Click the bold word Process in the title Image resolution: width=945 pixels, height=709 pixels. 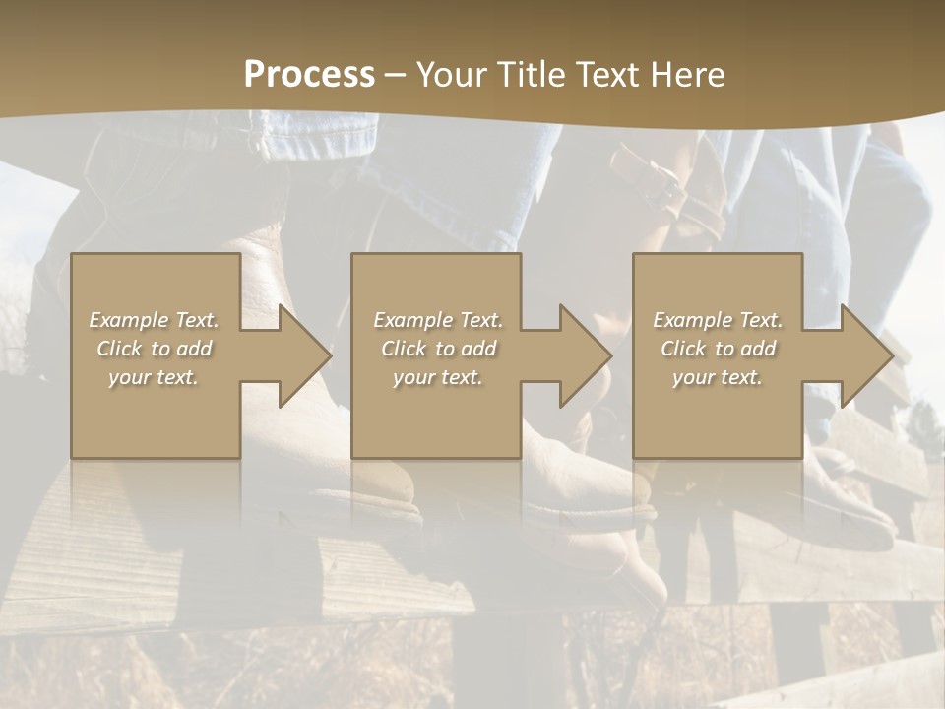pyautogui.click(x=309, y=75)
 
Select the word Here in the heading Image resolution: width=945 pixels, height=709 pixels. pyautogui.click(x=687, y=75)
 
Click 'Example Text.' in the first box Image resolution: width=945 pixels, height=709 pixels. pyautogui.click(x=155, y=320)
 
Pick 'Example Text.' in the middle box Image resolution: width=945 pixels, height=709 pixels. pyautogui.click(x=438, y=320)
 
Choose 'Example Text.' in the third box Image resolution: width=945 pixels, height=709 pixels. pyautogui.click(x=718, y=320)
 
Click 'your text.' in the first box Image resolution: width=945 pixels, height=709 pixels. pyautogui.click(x=154, y=377)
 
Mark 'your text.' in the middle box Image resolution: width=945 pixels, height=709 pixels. pyautogui.click(x=437, y=377)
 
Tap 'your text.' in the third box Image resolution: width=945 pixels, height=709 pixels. pyautogui.click(x=717, y=377)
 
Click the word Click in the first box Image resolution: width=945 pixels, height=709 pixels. pyautogui.click(x=119, y=349)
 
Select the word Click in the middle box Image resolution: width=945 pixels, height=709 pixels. pyautogui.click(x=404, y=349)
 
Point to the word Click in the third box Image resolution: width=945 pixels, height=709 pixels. pyautogui.click(x=683, y=349)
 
